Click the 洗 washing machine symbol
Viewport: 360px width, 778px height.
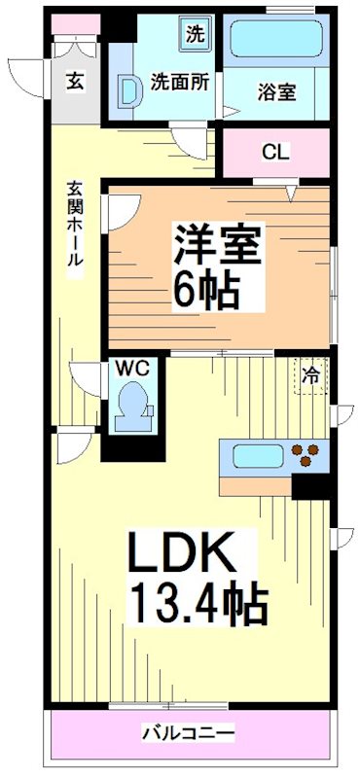196,35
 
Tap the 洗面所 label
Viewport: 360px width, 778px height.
179,83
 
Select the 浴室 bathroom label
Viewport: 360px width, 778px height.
277,93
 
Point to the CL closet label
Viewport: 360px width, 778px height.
275,152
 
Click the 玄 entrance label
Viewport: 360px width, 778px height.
75,81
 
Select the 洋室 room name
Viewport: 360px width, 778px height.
218,243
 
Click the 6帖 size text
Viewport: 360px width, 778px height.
206,288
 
